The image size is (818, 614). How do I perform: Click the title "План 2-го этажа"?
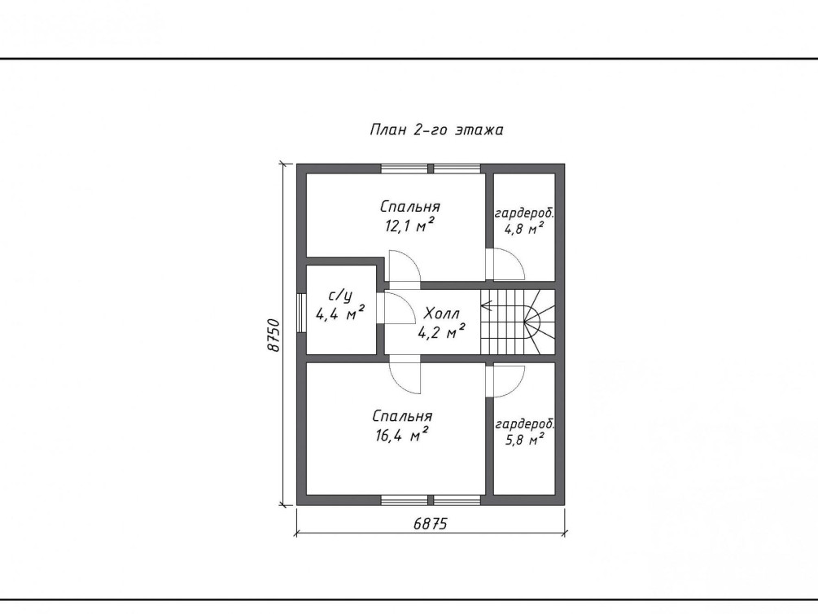click(436, 129)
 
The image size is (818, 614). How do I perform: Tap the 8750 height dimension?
click(273, 335)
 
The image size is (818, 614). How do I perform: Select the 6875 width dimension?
click(431, 523)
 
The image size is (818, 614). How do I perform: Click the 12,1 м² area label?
click(410, 226)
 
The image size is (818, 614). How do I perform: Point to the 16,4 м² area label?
click(402, 435)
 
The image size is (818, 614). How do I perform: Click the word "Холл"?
click(441, 314)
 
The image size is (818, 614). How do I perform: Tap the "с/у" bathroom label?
click(340, 296)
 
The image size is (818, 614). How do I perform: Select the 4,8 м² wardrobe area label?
click(524, 228)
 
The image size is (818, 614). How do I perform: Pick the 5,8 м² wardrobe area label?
click(525, 440)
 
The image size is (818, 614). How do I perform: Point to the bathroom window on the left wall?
click(301, 313)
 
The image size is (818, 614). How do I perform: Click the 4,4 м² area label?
click(339, 314)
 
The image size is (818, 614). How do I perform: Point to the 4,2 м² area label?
click(441, 331)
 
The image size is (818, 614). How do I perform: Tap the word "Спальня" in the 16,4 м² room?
click(402, 416)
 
